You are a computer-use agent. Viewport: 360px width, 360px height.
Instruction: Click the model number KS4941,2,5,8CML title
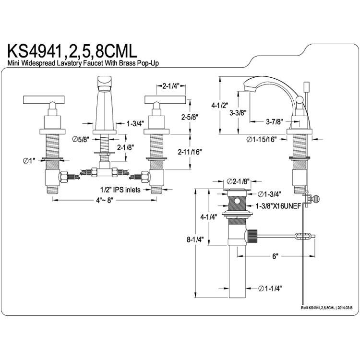click(72, 51)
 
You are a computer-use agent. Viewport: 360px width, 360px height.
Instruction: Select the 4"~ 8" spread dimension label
click(105, 200)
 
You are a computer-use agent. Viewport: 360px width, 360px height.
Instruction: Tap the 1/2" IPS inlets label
click(120, 190)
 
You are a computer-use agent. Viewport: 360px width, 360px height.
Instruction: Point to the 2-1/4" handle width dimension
click(171, 86)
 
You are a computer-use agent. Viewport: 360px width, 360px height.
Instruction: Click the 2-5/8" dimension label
click(190, 117)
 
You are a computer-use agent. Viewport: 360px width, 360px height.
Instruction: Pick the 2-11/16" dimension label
click(190, 152)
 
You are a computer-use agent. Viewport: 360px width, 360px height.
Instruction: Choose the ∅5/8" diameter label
click(80, 139)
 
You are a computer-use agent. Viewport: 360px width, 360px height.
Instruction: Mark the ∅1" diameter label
click(29, 161)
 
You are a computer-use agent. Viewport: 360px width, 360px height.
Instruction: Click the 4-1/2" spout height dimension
click(220, 106)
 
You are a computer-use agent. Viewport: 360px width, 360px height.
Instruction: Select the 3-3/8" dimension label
click(238, 112)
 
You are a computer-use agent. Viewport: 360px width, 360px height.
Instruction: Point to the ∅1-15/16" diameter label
click(261, 139)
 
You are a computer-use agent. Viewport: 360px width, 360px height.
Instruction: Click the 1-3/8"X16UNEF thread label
click(278, 206)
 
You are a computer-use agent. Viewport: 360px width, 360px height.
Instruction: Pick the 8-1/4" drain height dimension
click(195, 240)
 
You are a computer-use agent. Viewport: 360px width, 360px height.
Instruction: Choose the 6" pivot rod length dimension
click(275, 256)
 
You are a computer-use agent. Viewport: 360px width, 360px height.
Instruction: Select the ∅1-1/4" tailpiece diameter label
click(270, 288)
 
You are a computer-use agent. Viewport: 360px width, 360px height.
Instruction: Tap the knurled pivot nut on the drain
click(252, 236)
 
